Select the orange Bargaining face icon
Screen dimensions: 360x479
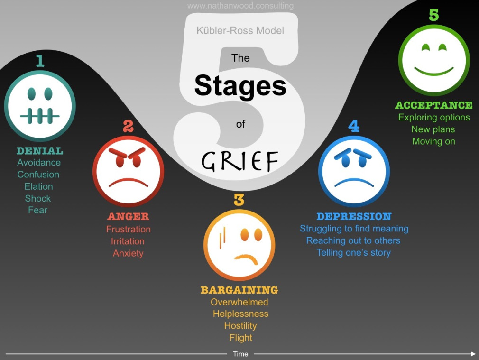tap(239, 245)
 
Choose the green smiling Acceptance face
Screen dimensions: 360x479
tap(434, 60)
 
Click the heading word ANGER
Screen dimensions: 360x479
tap(128, 217)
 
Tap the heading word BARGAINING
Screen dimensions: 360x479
tap(239, 290)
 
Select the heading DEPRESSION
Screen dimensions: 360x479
tap(354, 216)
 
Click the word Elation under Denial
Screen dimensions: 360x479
tap(39, 186)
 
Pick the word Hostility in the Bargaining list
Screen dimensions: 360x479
tap(240, 326)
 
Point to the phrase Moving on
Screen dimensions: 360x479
tap(433, 141)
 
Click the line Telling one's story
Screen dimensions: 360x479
tap(354, 252)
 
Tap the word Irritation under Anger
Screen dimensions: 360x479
tap(128, 241)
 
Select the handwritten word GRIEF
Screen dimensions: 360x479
tap(239, 161)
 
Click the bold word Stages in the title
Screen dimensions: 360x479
tap(240, 86)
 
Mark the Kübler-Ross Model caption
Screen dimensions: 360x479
tap(240, 31)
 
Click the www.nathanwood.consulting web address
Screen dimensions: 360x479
tap(240, 6)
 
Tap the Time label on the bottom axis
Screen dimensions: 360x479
tap(240, 354)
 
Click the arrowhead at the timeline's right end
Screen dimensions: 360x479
tap(473, 354)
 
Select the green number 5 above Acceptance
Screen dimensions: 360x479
tap(434, 15)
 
